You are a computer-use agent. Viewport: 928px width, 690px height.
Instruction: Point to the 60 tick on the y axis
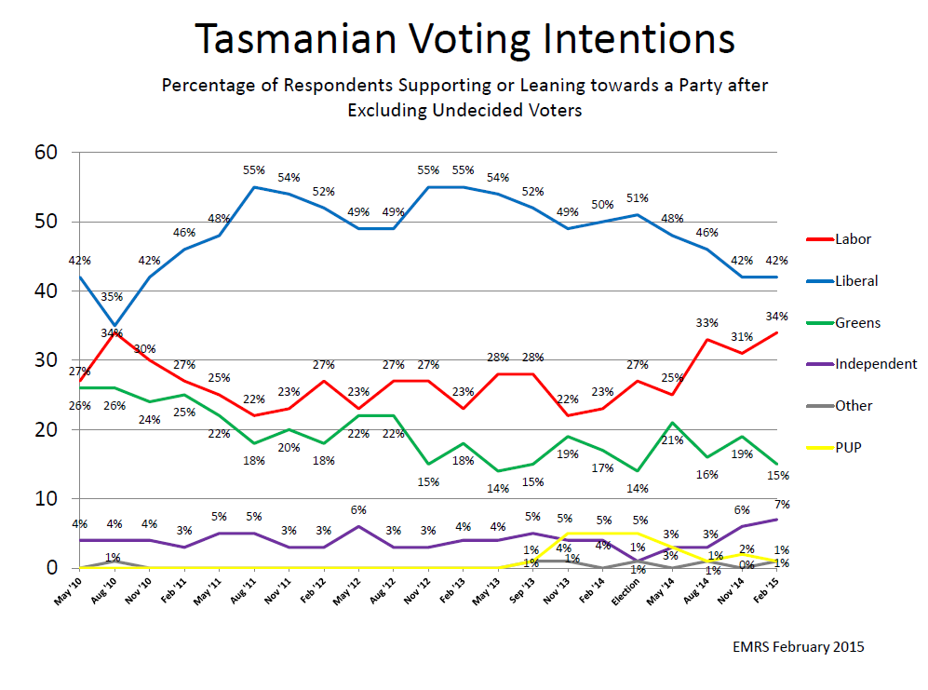point(46,153)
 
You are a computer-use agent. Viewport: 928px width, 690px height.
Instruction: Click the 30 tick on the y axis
point(46,360)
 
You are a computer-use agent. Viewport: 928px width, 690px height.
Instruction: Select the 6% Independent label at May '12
point(333,510)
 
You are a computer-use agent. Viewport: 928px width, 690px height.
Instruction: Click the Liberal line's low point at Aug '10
point(115,326)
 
